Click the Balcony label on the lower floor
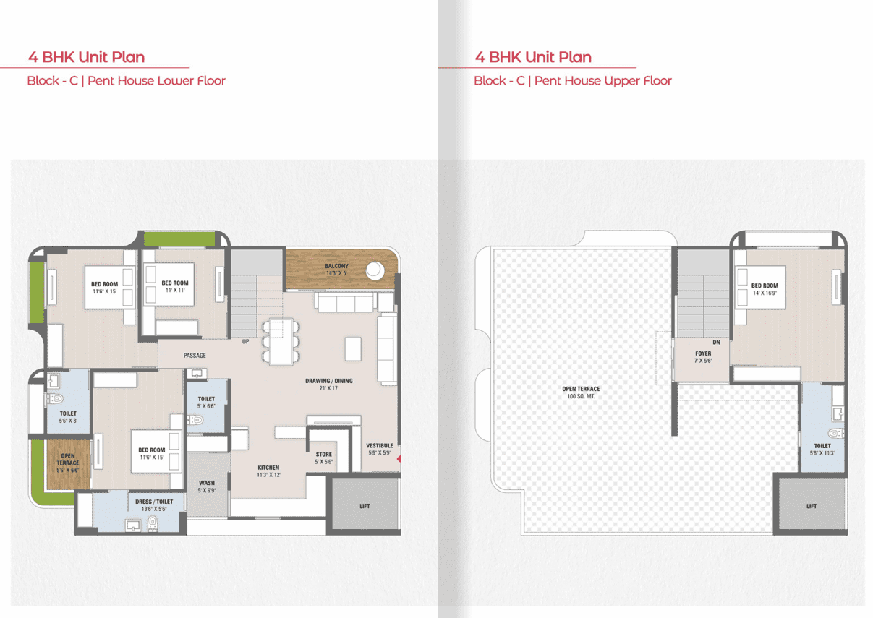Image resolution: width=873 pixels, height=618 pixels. pyautogui.click(x=336, y=270)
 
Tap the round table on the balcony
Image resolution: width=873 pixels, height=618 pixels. pyautogui.click(x=375, y=270)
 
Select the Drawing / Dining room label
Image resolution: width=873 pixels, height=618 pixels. pyautogui.click(x=328, y=385)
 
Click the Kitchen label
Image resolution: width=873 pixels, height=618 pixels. pyautogui.click(x=268, y=471)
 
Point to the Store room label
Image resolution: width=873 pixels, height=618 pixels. pyautogui.click(x=324, y=458)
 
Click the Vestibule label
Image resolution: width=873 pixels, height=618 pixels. pyautogui.click(x=380, y=449)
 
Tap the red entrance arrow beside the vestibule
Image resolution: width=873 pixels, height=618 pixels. pyautogui.click(x=399, y=459)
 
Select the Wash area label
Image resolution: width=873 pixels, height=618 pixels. pyautogui.click(x=207, y=486)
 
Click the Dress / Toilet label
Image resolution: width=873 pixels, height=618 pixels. pyautogui.click(x=154, y=505)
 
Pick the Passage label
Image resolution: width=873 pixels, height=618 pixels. pyautogui.click(x=195, y=356)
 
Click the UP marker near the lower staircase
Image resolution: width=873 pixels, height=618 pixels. pyautogui.click(x=245, y=341)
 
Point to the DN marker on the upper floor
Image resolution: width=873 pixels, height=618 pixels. pyautogui.click(x=716, y=343)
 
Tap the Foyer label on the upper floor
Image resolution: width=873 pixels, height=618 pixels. pyautogui.click(x=703, y=357)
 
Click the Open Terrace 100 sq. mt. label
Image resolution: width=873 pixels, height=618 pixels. pyautogui.click(x=581, y=392)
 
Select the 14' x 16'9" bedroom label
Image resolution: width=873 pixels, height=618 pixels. pyautogui.click(x=765, y=289)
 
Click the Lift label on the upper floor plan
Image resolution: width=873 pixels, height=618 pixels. pyautogui.click(x=812, y=506)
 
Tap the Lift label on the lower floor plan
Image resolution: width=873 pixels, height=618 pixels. pyautogui.click(x=365, y=506)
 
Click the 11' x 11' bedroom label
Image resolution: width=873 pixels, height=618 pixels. pyautogui.click(x=175, y=287)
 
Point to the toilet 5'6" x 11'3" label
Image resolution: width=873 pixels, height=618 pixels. pyautogui.click(x=822, y=450)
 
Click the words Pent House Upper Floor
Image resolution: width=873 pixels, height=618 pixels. pyautogui.click(x=603, y=81)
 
